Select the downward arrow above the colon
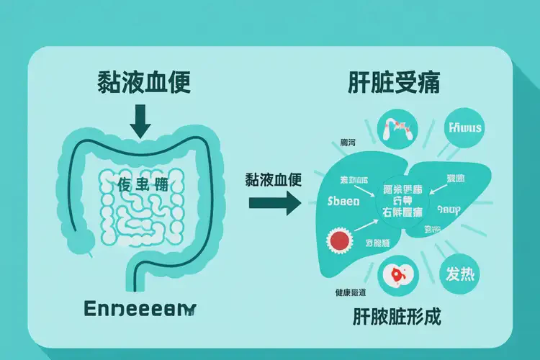pyautogui.click(x=141, y=120)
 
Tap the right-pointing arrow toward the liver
pyautogui.click(x=273, y=202)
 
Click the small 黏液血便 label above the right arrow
pyautogui.click(x=273, y=178)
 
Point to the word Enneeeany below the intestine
pyautogui.click(x=139, y=308)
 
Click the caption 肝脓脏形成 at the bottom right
pyautogui.click(x=396, y=316)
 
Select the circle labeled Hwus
pyautogui.click(x=465, y=129)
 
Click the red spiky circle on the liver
pyautogui.click(x=340, y=240)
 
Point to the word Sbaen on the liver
pyautogui.click(x=343, y=201)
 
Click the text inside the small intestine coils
pyautogui.click(x=143, y=185)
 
